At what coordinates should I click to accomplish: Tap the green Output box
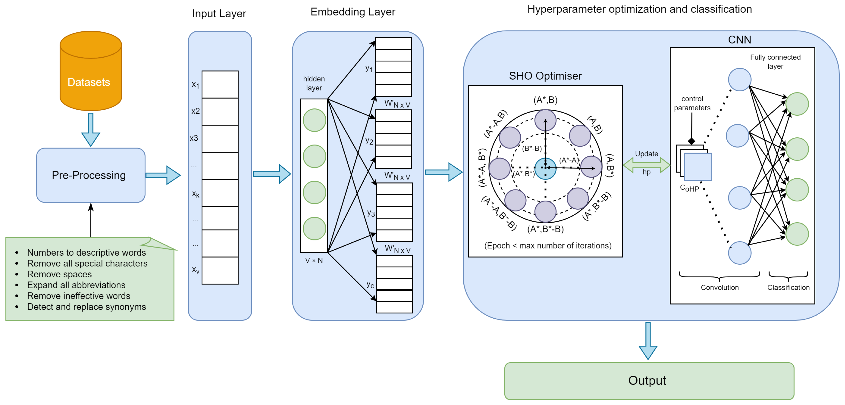tap(649, 381)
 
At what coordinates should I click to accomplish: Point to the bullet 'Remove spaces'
tap(59, 274)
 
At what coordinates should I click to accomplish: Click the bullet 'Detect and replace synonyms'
tap(86, 307)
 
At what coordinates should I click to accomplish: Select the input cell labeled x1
tap(220, 84)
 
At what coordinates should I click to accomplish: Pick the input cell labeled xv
tap(220, 270)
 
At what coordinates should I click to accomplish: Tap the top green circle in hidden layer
tap(314, 120)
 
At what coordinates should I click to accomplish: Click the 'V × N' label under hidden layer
tap(314, 261)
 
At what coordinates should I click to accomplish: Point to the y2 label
tap(369, 141)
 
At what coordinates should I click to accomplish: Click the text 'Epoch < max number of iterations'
tap(548, 245)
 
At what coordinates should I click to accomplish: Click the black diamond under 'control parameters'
tap(691, 141)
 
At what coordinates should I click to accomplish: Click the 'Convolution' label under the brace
tap(719, 287)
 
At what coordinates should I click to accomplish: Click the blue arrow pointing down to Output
tap(648, 341)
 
